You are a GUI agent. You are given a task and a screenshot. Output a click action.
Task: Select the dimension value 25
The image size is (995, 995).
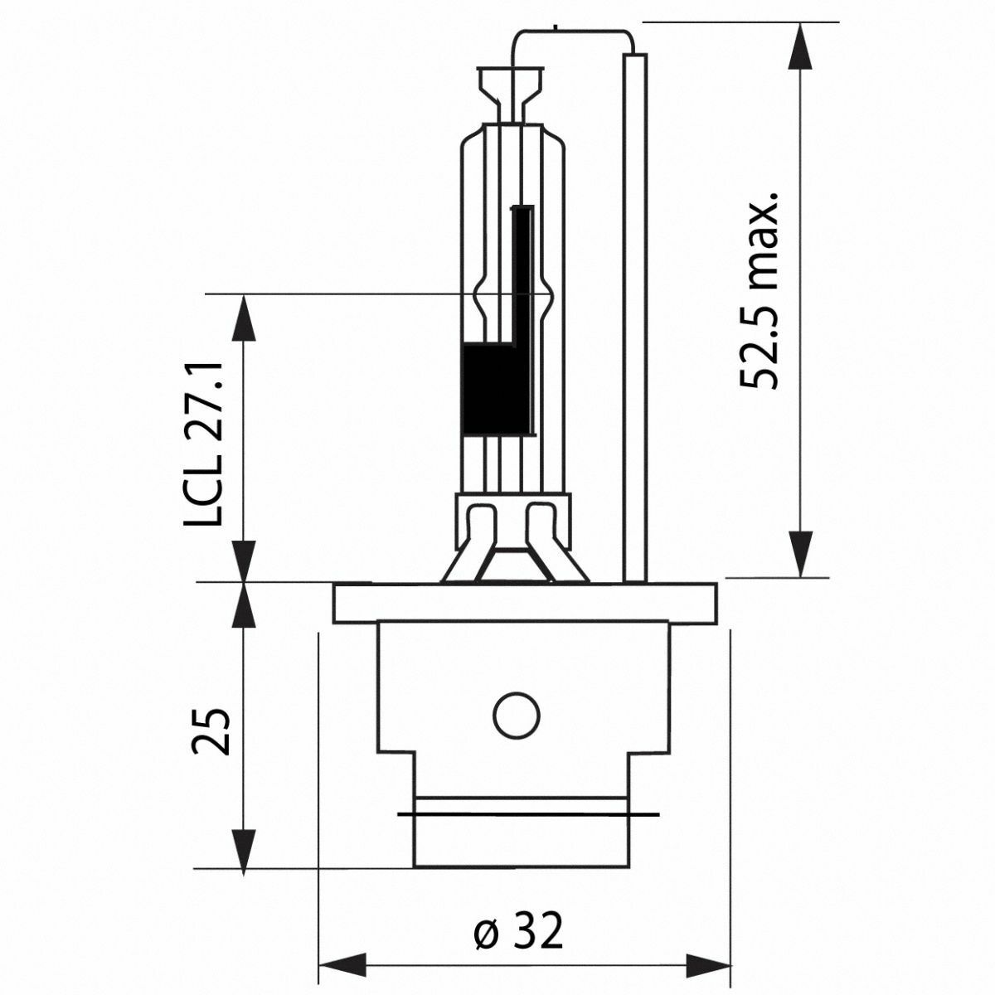210,731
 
